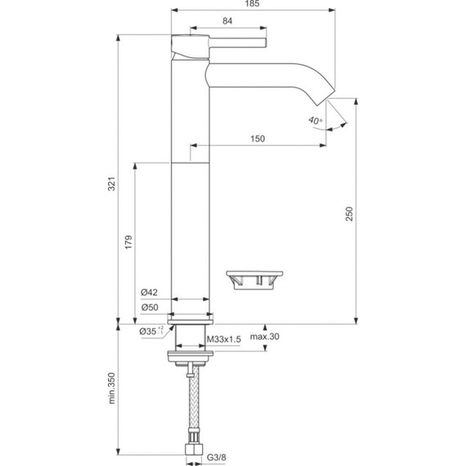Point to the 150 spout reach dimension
[257, 140]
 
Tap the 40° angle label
[316, 120]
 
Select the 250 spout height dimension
[349, 213]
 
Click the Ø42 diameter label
[149, 293]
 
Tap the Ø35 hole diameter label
[150, 331]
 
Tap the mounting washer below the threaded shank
[190, 355]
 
